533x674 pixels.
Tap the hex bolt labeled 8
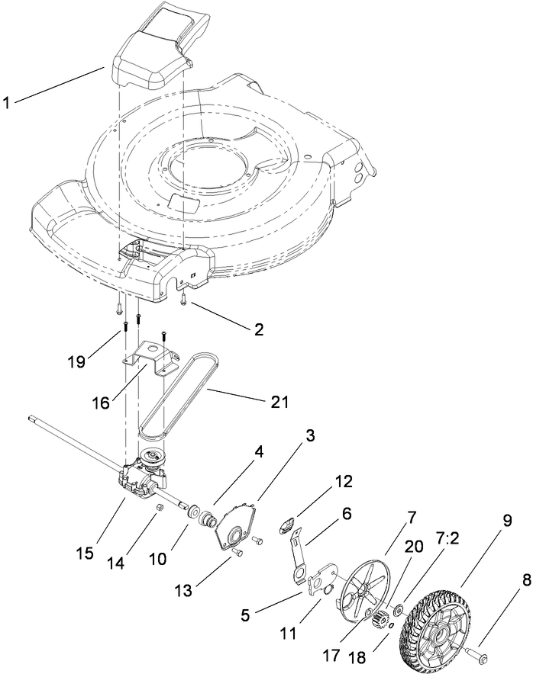(x=476, y=654)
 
